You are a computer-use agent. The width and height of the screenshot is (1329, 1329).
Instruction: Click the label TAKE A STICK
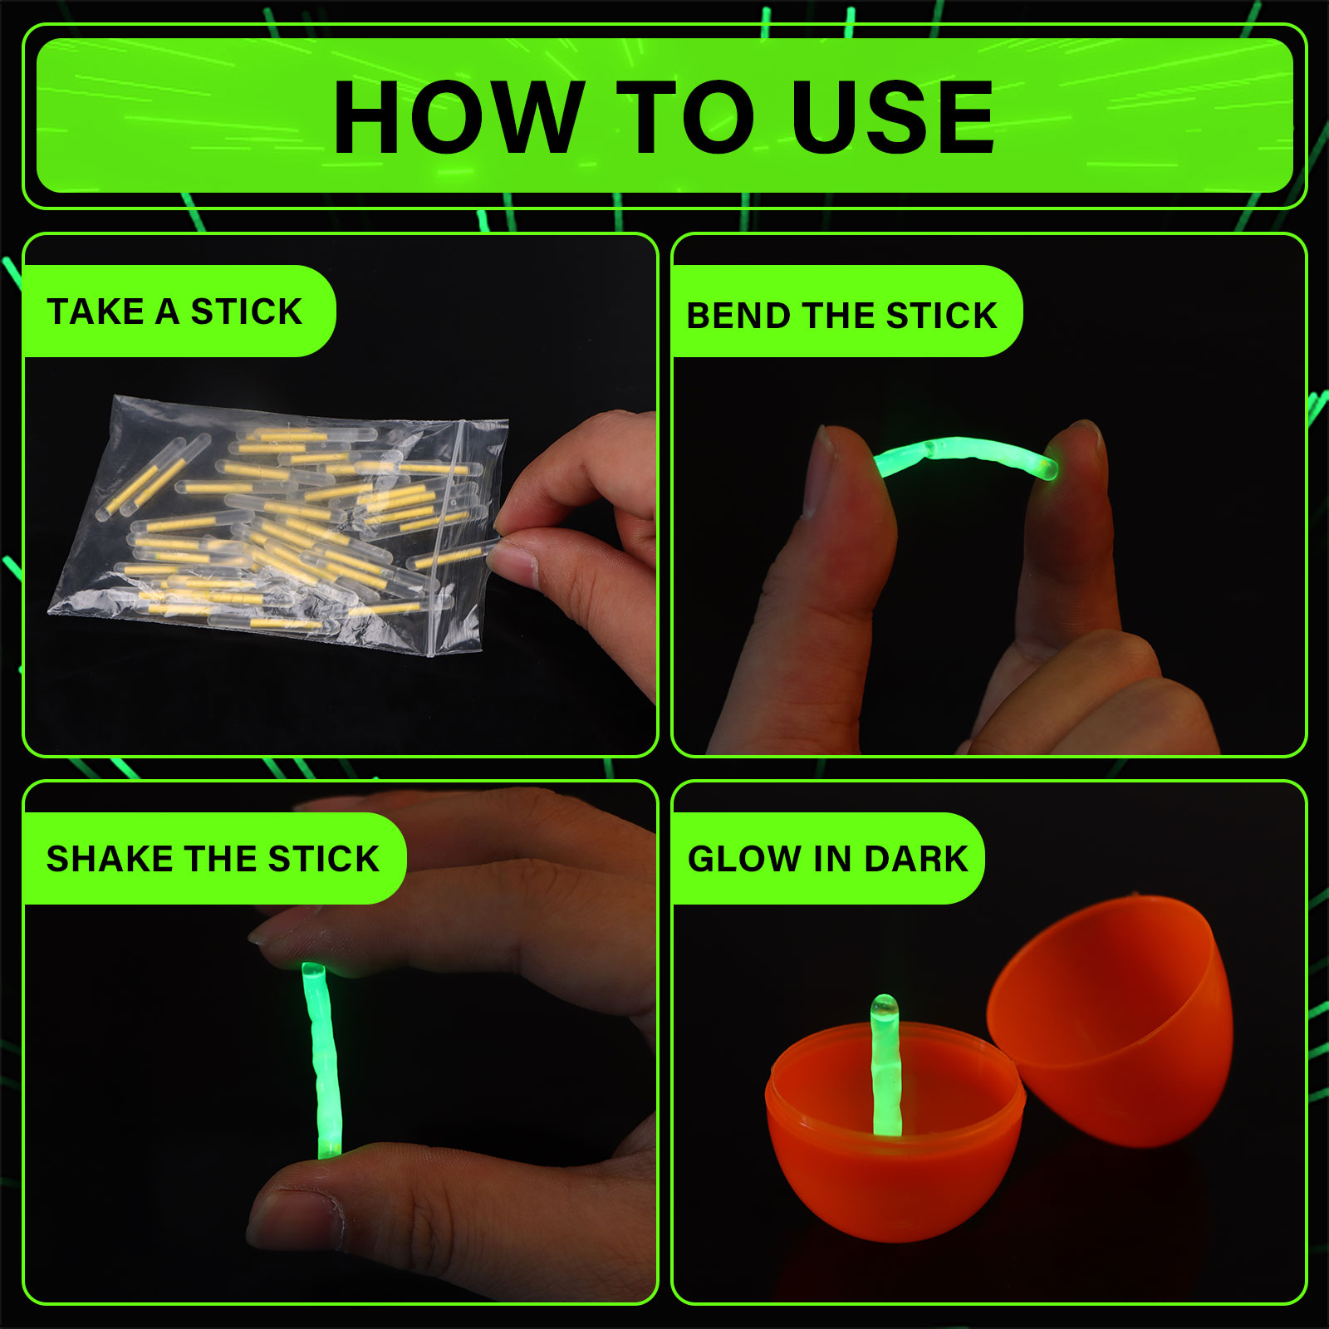[174, 311]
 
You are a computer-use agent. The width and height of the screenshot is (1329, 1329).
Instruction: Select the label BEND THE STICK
[841, 316]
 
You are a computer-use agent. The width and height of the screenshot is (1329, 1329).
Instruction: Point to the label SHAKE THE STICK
[213, 859]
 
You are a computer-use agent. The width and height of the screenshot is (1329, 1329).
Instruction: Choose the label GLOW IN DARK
[827, 859]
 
